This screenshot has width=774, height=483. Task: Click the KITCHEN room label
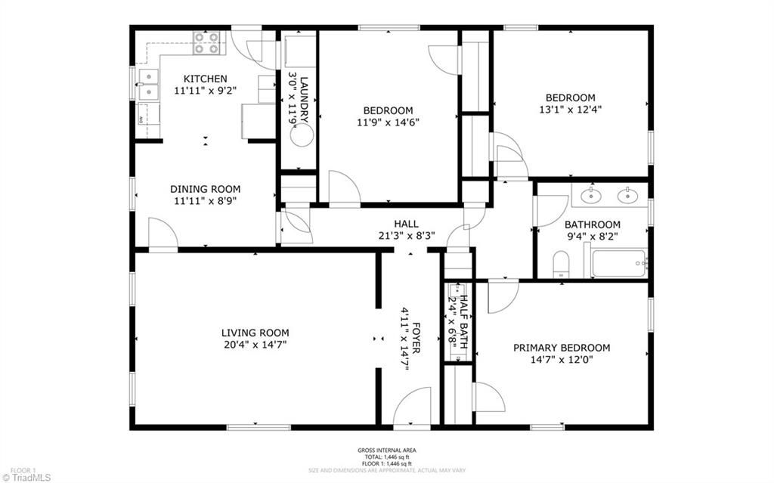(x=205, y=79)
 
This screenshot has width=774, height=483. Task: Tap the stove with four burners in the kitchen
(x=208, y=42)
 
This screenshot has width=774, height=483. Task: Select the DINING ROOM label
(x=205, y=189)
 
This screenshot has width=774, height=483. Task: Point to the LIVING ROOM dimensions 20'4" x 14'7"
(x=255, y=345)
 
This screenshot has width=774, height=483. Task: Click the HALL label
(x=406, y=224)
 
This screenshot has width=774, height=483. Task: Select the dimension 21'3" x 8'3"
(x=406, y=235)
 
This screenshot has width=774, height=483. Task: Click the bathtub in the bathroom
(x=618, y=263)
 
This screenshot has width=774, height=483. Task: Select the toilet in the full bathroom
(x=561, y=264)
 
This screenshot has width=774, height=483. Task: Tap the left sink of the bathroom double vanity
(x=590, y=196)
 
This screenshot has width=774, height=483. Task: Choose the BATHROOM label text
(x=593, y=224)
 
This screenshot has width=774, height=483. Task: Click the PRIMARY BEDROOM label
(x=562, y=348)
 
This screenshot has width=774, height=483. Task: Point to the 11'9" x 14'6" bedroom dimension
(x=388, y=122)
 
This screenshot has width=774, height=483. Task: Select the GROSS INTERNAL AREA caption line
(x=386, y=450)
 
